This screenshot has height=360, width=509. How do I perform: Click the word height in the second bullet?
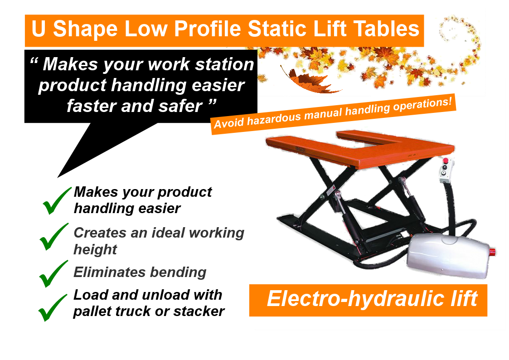(95, 249)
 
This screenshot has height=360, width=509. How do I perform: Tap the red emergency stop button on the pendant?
(446, 161)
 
